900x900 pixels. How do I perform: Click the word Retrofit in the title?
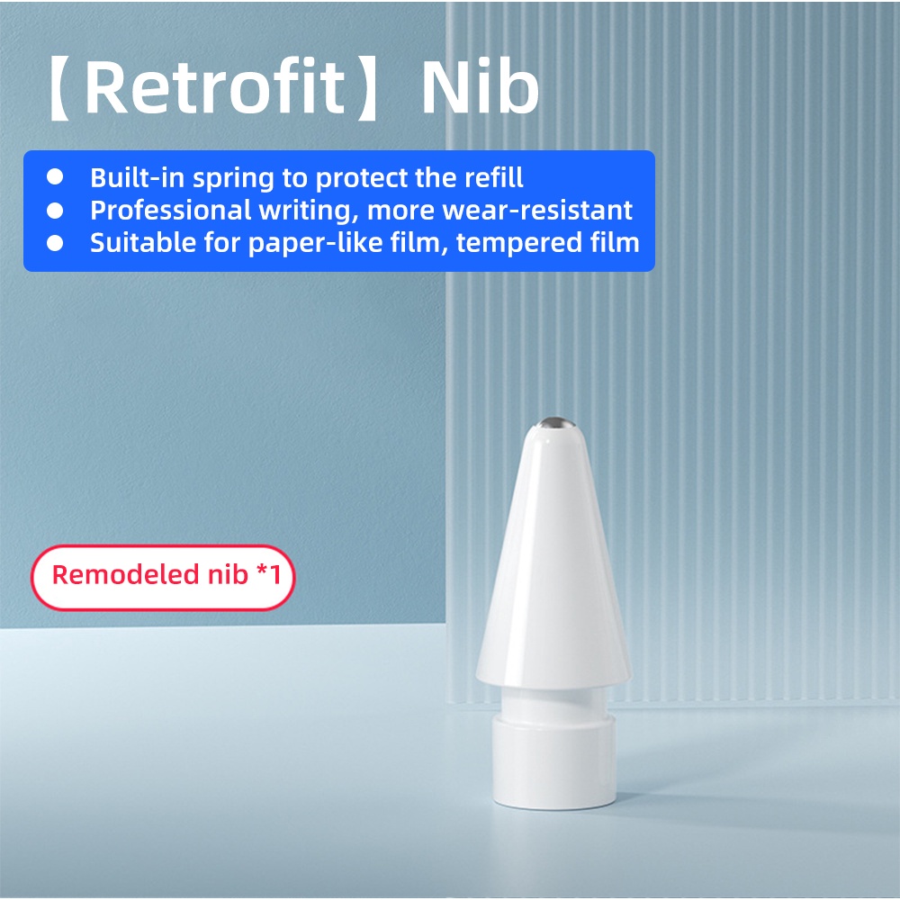215,88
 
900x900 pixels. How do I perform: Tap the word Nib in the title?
480,86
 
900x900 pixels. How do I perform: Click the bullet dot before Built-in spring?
55,176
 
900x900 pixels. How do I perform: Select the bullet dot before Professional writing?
55,210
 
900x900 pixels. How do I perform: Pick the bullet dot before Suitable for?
55,243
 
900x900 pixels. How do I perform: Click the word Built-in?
137,178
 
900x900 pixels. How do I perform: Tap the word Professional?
170,211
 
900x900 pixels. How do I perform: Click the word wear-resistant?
537,211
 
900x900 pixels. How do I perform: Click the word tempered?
512,243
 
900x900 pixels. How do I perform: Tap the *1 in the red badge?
268,573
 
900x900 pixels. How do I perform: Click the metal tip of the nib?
556,422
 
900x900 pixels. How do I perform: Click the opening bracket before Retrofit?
59,89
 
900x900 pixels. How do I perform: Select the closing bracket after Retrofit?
367,89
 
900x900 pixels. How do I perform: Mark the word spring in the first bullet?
234,179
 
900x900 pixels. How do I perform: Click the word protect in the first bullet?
363,179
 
